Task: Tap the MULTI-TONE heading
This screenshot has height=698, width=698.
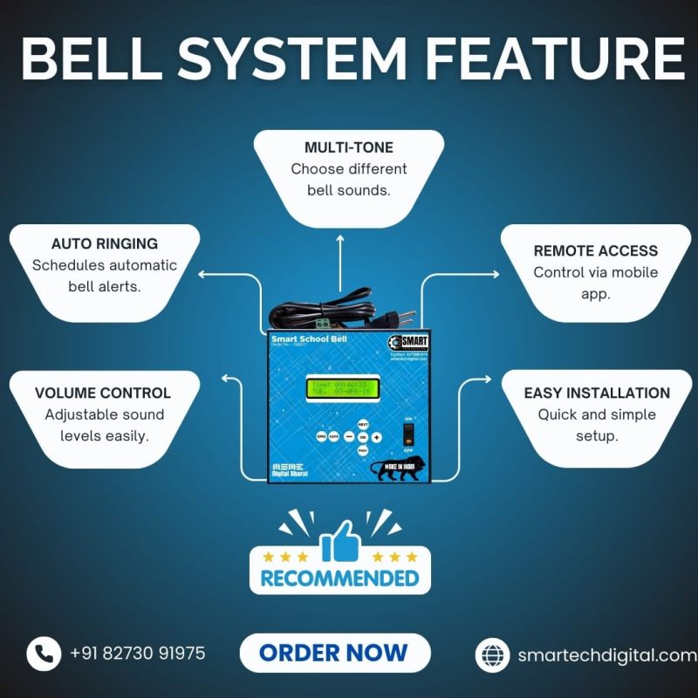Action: [348, 147]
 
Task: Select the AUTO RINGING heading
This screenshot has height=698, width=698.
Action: [105, 243]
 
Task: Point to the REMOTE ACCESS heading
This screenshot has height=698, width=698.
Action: [595, 250]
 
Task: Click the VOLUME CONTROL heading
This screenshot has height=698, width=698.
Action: [103, 393]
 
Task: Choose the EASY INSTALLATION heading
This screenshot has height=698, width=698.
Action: [597, 393]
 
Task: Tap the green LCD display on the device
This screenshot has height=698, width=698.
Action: [343, 387]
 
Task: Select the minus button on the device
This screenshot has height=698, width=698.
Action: [348, 436]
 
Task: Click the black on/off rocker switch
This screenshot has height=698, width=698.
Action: [407, 433]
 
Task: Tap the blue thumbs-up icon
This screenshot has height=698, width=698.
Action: [340, 543]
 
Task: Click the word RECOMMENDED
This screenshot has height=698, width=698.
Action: [340, 578]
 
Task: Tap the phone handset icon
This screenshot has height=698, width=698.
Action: [43, 653]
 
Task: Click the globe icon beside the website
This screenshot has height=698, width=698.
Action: [492, 655]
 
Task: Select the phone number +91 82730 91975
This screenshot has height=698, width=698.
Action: [138, 653]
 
